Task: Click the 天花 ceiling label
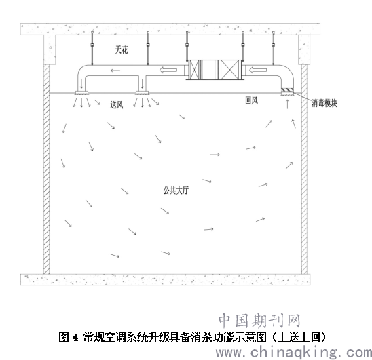pyautogui.click(x=122, y=49)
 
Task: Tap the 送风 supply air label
pyautogui.click(x=117, y=105)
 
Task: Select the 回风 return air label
pyautogui.click(x=251, y=100)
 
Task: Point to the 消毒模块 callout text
pyautogui.click(x=324, y=103)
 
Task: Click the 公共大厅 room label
pyautogui.click(x=176, y=191)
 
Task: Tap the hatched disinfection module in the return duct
pyautogui.click(x=288, y=90)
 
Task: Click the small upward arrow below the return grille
pyautogui.click(x=288, y=104)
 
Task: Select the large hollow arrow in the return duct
pyautogui.click(x=257, y=70)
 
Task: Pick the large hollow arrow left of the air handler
pyautogui.click(x=168, y=70)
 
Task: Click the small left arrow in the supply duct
pyautogui.click(x=115, y=71)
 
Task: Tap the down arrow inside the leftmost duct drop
pyautogui.click(x=81, y=83)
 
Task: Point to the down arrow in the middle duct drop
pyautogui.click(x=142, y=83)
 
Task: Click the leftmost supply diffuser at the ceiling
pyautogui.click(x=81, y=93)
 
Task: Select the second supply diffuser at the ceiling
pyautogui.click(x=142, y=93)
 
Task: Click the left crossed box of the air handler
pyautogui.click(x=194, y=70)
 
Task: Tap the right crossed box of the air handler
pyautogui.click(x=230, y=70)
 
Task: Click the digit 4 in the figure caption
pyautogui.click(x=75, y=337)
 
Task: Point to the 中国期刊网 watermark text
pyautogui.click(x=259, y=321)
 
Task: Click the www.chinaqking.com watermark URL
pyautogui.click(x=294, y=352)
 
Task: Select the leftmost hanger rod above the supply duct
pyautogui.click(x=92, y=48)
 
